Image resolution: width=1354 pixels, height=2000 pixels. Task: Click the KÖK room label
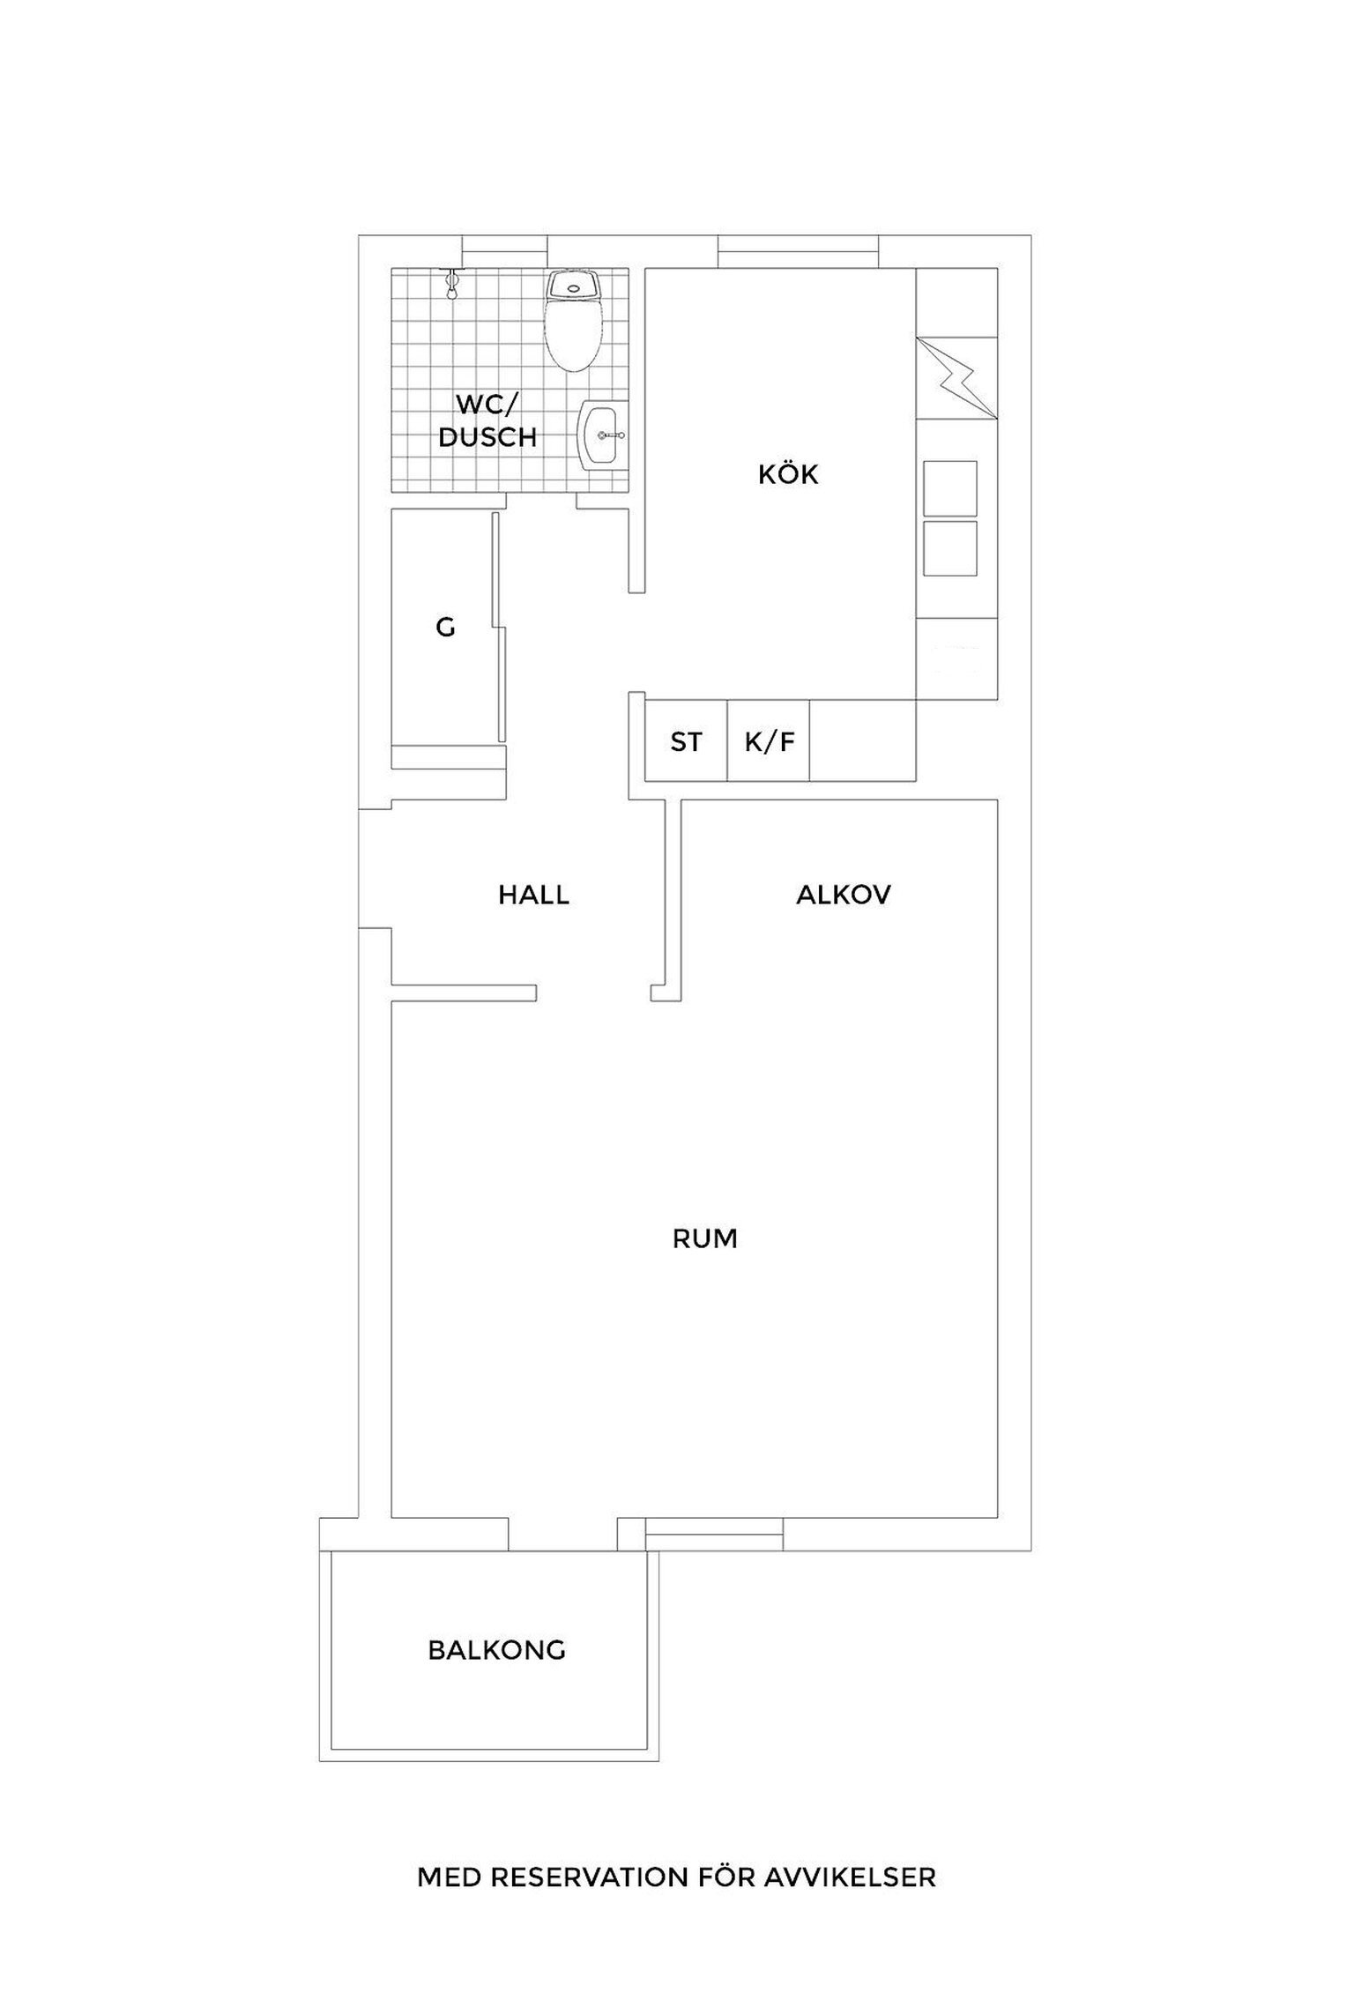point(788,475)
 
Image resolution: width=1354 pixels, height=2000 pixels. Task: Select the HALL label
point(534,896)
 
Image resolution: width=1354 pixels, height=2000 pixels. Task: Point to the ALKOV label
point(844,896)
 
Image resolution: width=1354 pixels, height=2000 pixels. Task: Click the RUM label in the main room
point(704,1239)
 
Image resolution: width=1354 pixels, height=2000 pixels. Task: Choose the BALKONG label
point(496,1650)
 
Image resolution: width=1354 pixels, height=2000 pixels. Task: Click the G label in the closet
point(446,628)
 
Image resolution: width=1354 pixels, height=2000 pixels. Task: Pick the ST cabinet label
point(686,742)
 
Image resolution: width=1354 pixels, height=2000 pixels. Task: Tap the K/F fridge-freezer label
point(770,742)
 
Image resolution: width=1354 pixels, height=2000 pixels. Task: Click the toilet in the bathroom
point(574,320)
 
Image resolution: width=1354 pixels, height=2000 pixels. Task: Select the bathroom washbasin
point(603,435)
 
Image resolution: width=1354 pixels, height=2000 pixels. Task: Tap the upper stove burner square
point(950,488)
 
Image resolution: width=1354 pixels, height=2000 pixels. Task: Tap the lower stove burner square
point(950,548)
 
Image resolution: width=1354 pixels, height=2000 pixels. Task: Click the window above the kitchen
point(799,251)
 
